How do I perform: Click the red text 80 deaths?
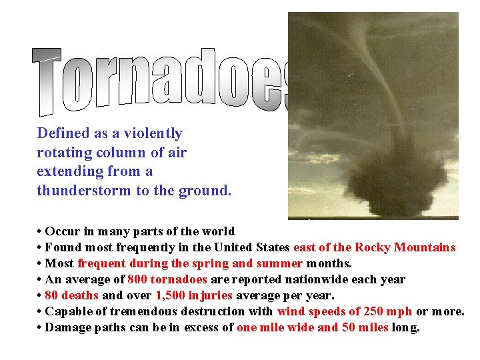pos(72,295)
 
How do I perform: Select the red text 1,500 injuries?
pos(194,295)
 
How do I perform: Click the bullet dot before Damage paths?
pos(40,327)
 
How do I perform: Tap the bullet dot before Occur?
pos(40,231)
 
